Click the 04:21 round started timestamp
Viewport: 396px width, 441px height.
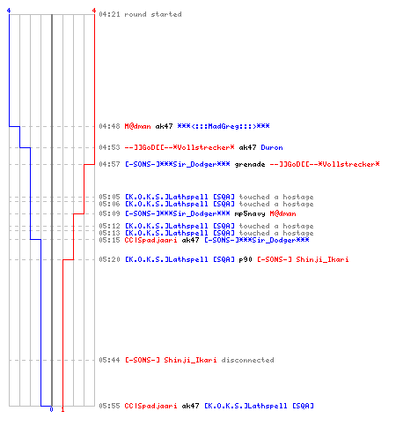point(109,14)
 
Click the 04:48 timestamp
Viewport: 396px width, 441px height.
point(109,126)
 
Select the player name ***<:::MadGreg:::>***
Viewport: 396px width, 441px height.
point(224,126)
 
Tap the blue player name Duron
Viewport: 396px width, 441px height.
point(272,147)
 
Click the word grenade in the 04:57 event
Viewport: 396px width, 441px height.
point(250,165)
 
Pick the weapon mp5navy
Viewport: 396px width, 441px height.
point(250,213)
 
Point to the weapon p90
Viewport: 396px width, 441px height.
point(246,259)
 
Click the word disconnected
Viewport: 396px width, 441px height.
point(248,360)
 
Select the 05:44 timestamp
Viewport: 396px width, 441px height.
point(109,360)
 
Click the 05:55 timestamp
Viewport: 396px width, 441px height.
point(109,406)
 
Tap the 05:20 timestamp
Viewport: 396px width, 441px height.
point(109,259)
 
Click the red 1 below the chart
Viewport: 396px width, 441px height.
point(62,409)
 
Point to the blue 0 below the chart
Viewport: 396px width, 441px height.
point(51,409)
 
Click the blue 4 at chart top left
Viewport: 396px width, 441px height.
point(9,11)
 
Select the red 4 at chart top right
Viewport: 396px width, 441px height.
point(94,11)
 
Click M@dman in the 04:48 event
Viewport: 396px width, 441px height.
point(137,126)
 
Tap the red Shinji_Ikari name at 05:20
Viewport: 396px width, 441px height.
point(322,259)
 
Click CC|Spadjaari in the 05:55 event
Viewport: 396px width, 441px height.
point(150,406)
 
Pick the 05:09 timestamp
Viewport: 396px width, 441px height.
point(109,213)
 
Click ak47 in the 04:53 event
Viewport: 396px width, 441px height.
point(247,147)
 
